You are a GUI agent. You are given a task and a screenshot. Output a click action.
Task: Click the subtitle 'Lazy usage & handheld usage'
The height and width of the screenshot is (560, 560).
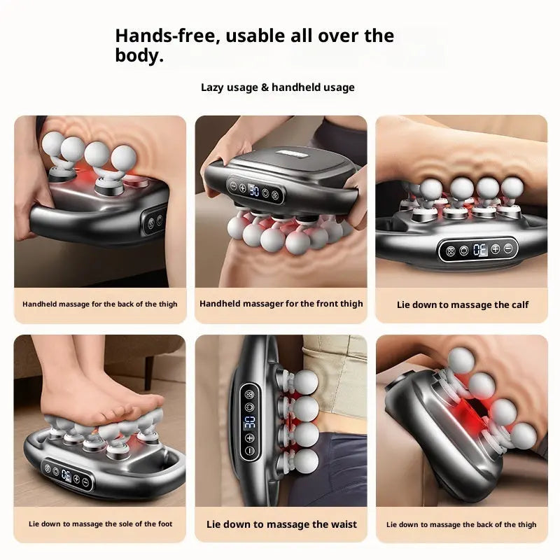click(x=278, y=87)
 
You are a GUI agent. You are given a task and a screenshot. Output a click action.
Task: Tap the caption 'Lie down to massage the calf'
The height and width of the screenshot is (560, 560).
click(x=463, y=304)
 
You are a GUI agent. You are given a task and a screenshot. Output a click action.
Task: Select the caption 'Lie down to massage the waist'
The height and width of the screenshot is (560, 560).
click(x=281, y=524)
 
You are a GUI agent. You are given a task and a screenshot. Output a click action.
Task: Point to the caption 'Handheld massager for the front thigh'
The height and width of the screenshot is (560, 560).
click(x=281, y=304)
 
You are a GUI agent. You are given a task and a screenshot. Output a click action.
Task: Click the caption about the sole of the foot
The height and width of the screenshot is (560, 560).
click(x=100, y=524)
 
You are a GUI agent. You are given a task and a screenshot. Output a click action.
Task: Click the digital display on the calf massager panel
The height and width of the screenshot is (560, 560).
click(x=479, y=248)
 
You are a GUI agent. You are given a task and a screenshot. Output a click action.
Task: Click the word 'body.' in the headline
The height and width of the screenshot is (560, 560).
click(x=139, y=56)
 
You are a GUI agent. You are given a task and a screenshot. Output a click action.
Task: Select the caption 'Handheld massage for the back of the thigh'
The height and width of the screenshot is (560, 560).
click(x=100, y=304)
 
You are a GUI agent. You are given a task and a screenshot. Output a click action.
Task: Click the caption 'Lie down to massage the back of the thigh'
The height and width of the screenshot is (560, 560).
click(x=461, y=524)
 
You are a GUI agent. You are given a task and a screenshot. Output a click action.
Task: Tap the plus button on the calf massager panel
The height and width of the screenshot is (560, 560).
click(x=495, y=248)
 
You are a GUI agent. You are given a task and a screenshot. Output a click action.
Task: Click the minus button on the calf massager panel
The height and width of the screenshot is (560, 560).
click(x=507, y=248)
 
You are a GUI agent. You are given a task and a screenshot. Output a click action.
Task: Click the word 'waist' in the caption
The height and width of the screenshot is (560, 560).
click(x=341, y=524)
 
